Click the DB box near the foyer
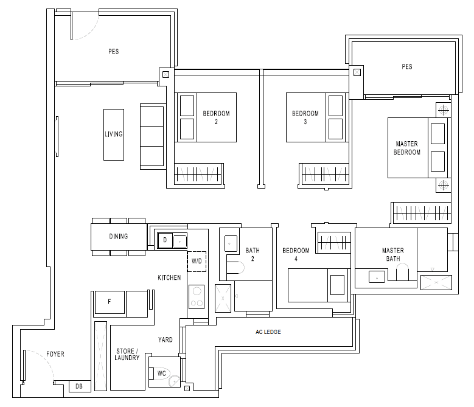click(x=80, y=386)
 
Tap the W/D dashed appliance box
click(x=197, y=262)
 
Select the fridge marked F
click(x=110, y=302)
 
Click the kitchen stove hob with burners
click(x=197, y=297)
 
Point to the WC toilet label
click(x=162, y=374)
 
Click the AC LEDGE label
click(x=268, y=332)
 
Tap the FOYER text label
click(x=55, y=354)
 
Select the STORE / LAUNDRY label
click(x=127, y=355)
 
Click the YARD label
click(x=166, y=339)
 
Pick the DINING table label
click(x=119, y=236)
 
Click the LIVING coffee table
click(x=114, y=134)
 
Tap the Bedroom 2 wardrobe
click(x=198, y=174)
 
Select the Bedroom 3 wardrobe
click(x=324, y=174)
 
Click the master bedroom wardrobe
click(x=421, y=213)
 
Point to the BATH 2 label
click(x=253, y=254)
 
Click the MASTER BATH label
click(x=393, y=254)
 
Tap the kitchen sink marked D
click(x=165, y=240)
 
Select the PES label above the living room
click(x=114, y=51)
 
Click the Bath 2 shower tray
click(x=223, y=298)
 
